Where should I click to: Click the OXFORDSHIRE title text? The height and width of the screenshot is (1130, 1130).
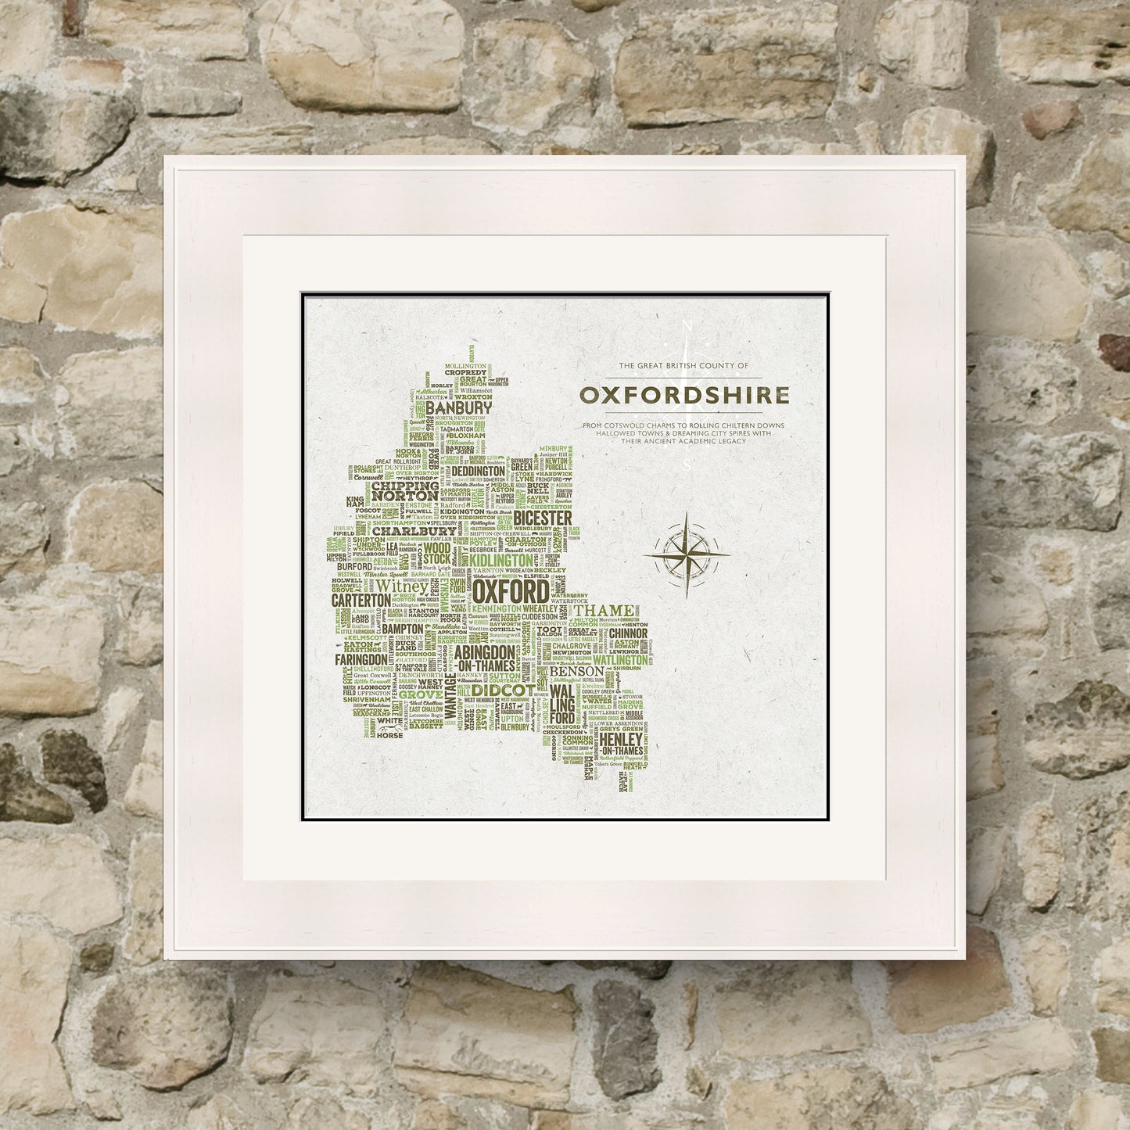(x=684, y=395)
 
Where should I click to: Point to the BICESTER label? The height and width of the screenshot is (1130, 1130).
(x=543, y=518)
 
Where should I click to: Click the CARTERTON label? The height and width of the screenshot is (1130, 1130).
(x=361, y=599)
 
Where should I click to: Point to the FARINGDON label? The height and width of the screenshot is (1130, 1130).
(x=361, y=659)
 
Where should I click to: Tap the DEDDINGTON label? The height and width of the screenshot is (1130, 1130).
(x=477, y=472)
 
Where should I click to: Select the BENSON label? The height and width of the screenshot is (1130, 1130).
(x=576, y=671)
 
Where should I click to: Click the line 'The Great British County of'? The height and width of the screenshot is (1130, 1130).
(x=683, y=366)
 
